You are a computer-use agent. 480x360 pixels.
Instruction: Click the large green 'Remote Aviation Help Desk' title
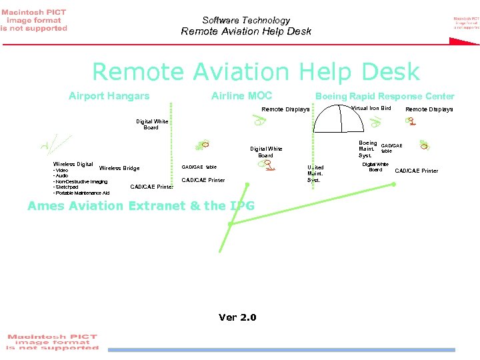tap(255, 71)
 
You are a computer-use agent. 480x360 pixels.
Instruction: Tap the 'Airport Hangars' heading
tap(109, 96)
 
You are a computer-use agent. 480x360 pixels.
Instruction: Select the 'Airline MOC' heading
tap(241, 96)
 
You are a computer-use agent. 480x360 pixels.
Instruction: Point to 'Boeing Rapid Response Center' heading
tap(385, 96)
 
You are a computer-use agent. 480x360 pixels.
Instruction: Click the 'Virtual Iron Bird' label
tap(371, 108)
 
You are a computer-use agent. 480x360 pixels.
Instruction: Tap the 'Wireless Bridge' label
tap(119, 168)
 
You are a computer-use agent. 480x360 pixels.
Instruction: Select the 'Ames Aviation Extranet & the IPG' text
tap(141, 206)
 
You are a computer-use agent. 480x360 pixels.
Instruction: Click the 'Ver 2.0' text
tap(237, 317)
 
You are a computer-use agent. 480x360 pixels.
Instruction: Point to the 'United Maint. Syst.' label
tap(315, 173)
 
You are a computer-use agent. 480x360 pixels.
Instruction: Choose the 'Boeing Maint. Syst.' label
tap(368, 149)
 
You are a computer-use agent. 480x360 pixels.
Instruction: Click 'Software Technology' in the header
tap(246, 21)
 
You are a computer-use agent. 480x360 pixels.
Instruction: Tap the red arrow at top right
tap(464, 41)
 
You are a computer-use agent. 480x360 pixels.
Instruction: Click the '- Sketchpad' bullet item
tap(68, 187)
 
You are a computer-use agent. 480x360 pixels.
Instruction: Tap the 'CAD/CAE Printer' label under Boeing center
tap(417, 171)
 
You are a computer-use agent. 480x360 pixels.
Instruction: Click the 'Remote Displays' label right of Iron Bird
tap(429, 109)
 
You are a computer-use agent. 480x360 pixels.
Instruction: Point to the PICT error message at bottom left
tap(52, 341)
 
